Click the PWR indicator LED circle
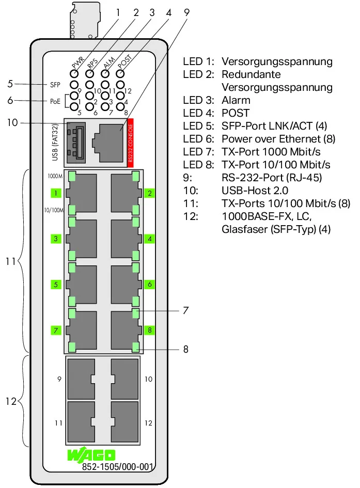[x=74, y=74]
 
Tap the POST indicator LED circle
[x=120, y=74]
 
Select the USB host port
[x=76, y=143]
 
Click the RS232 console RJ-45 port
[x=107, y=143]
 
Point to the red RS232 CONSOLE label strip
[x=131, y=143]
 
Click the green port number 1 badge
[x=56, y=193]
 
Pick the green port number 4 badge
[x=150, y=239]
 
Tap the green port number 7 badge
[x=56, y=330]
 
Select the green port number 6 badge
[x=150, y=284]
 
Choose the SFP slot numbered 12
[x=124, y=422]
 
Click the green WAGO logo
[x=91, y=455]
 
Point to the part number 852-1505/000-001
[x=118, y=467]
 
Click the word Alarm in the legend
[x=236, y=100]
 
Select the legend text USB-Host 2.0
[x=255, y=190]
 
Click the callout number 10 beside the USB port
[x=12, y=122]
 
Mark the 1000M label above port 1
[x=55, y=176]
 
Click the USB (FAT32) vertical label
[x=55, y=143]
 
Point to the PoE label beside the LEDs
[x=55, y=101]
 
